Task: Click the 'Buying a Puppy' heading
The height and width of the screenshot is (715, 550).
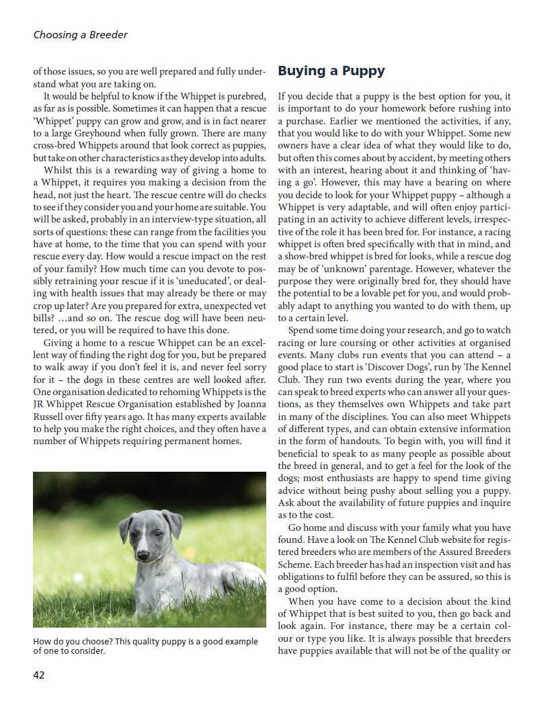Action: click(x=331, y=71)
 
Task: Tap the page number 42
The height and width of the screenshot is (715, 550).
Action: click(x=39, y=675)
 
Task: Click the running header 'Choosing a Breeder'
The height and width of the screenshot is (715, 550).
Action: click(x=80, y=35)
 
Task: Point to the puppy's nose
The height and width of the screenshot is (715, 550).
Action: click(x=143, y=556)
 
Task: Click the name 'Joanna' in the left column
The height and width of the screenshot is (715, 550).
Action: click(x=249, y=404)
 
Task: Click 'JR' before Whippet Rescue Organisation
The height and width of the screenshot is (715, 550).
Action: click(x=40, y=404)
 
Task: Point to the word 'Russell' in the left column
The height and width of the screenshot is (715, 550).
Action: click(x=50, y=416)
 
